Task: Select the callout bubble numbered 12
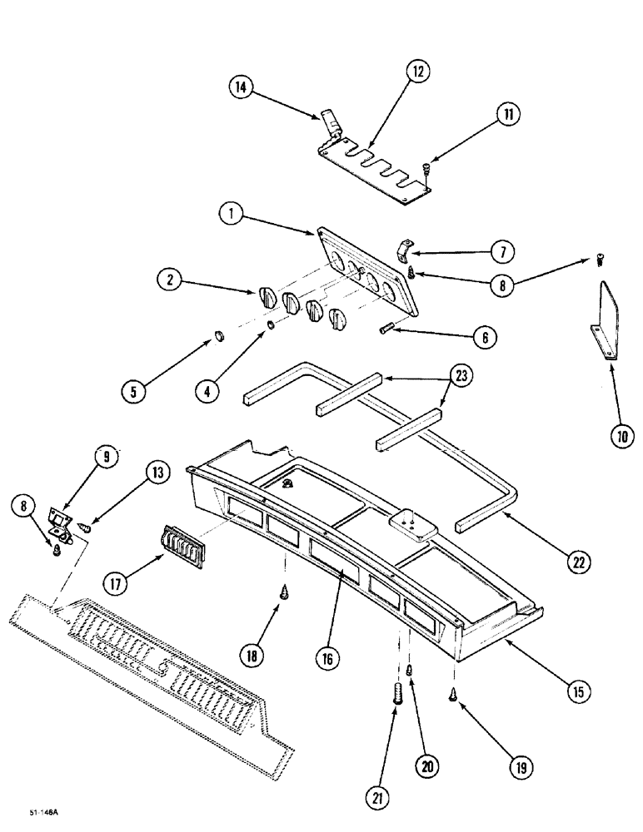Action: point(418,73)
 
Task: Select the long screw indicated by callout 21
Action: point(396,693)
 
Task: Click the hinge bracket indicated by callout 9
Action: point(60,522)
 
